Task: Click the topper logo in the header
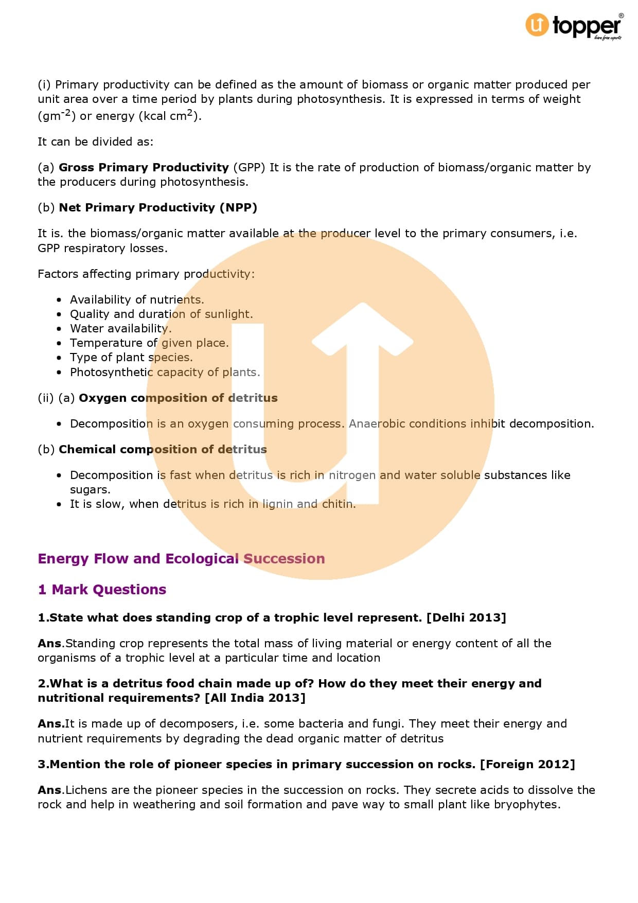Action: point(574,26)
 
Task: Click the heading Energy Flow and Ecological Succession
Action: point(181,559)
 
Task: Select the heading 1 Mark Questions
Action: point(102,590)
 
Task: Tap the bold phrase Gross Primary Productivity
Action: point(144,168)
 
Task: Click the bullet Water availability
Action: point(120,329)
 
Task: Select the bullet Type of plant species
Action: point(131,358)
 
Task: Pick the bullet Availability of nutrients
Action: point(137,300)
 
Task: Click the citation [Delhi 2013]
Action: point(466,618)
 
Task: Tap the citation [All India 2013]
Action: point(255,698)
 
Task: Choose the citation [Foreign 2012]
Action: point(527,765)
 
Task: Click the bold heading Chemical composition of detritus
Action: point(163,450)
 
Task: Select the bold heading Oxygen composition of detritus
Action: point(178,398)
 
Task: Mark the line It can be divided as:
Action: point(96,142)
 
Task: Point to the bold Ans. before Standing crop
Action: point(50,644)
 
